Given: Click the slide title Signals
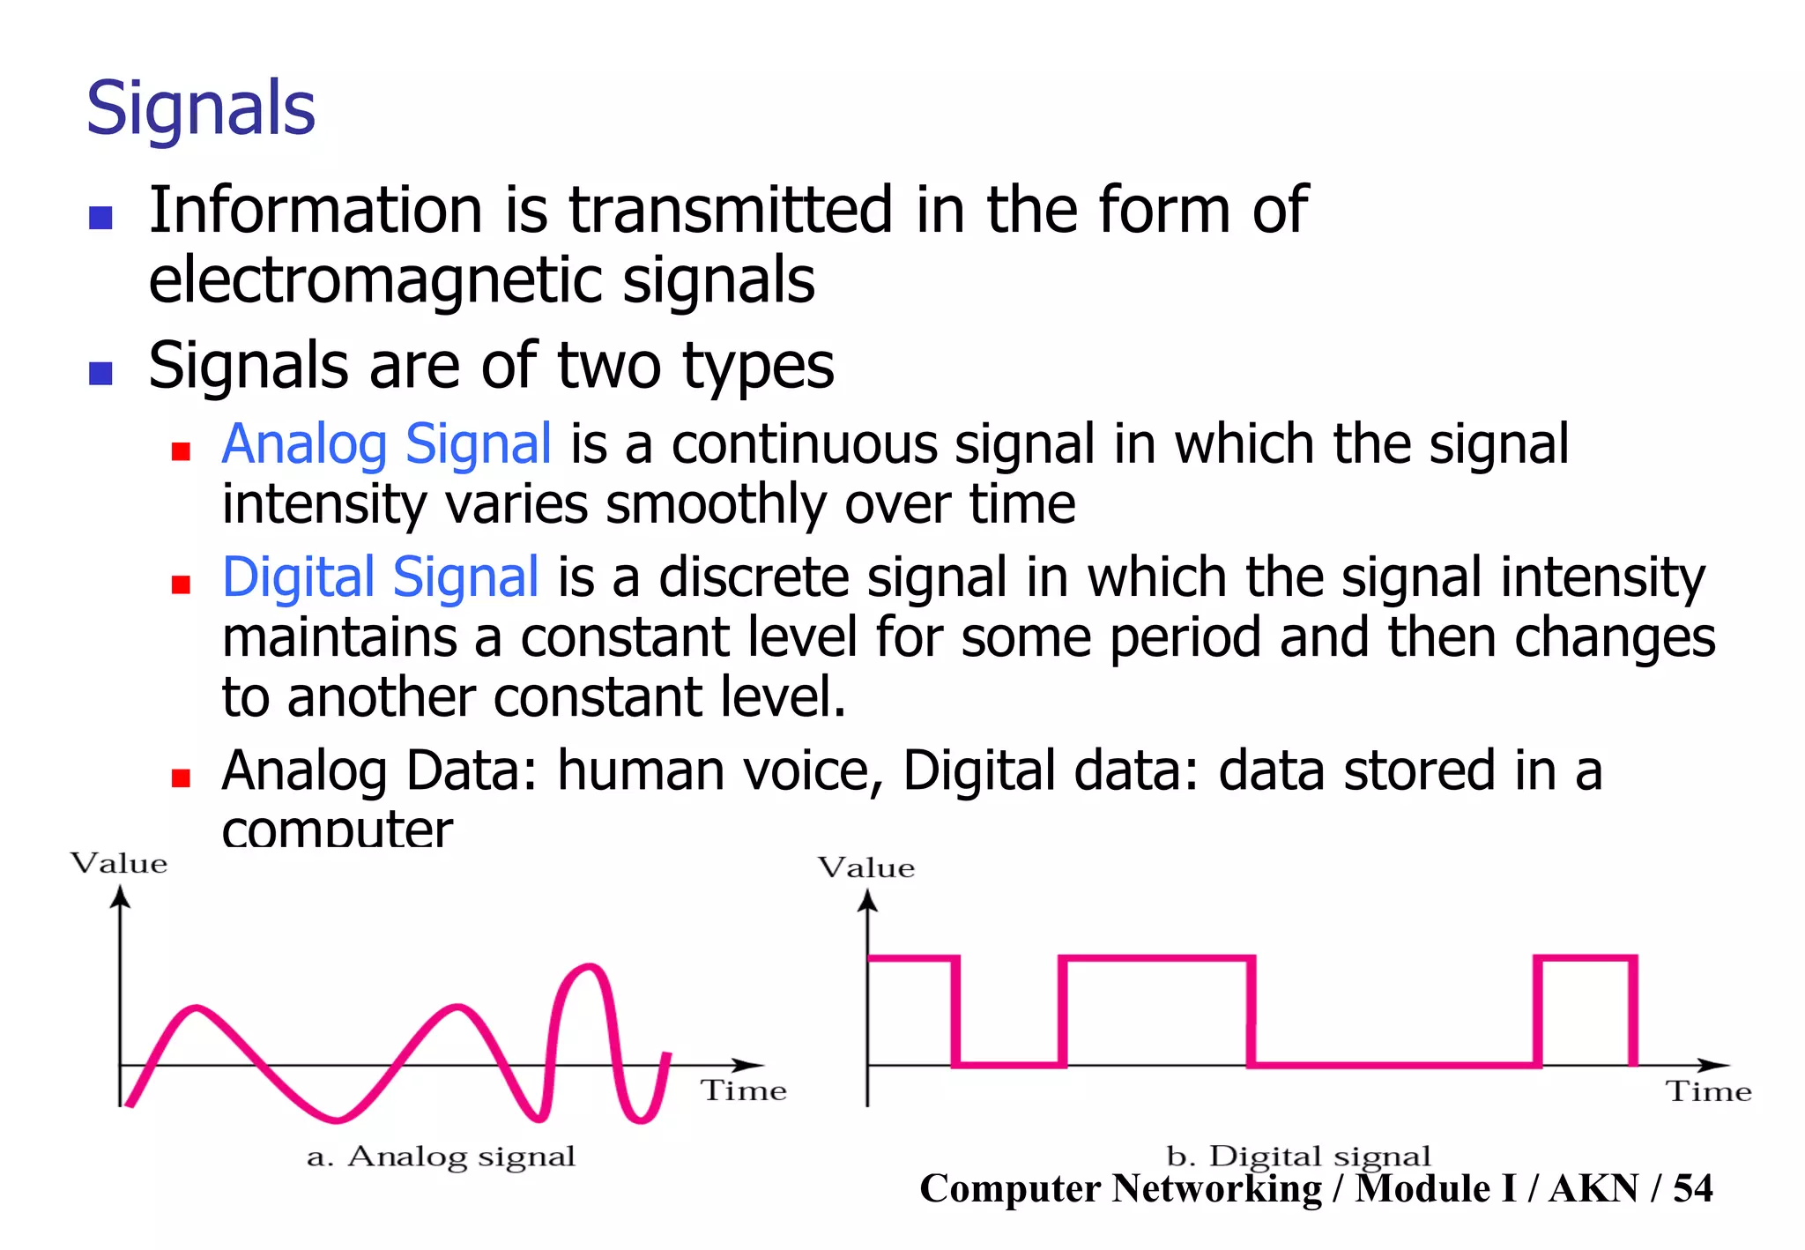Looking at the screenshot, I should point(201,108).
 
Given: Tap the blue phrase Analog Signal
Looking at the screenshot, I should point(386,443).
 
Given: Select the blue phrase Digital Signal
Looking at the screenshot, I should point(380,577).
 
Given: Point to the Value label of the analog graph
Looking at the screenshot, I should point(119,863).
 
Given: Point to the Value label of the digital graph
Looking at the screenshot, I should point(866,868).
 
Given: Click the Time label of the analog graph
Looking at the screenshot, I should point(743,1091).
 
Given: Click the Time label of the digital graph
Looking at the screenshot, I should point(1708,1092).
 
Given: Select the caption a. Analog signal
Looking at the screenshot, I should point(441,1157).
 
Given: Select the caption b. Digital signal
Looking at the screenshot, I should point(1298,1155).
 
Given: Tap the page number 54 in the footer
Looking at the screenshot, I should point(1692,1188).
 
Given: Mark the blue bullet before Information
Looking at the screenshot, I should point(100,217).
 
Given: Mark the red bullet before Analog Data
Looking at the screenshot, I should point(181,778).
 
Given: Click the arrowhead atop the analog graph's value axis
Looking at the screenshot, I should point(121,897).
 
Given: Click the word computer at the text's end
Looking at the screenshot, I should point(337,830).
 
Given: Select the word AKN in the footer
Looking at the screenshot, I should point(1593,1188).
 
